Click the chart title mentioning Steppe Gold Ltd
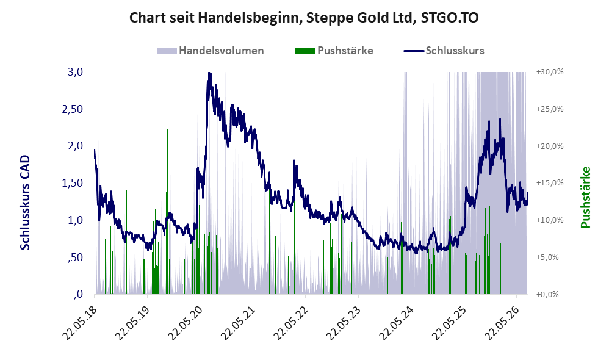click(x=304, y=18)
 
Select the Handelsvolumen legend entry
click(x=211, y=51)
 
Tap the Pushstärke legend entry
click(x=334, y=51)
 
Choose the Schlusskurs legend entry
click(x=444, y=51)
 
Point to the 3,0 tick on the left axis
click(x=75, y=72)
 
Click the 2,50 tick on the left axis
click(x=73, y=109)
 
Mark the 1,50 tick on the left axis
click(x=73, y=183)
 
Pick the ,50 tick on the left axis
click(x=75, y=257)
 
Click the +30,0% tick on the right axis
click(x=550, y=72)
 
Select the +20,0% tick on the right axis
click(x=550, y=146)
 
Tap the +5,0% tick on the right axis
click(x=547, y=257)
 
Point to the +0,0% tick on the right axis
click(x=547, y=294)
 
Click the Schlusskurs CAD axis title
click(x=25, y=203)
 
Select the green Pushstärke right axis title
click(x=585, y=197)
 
